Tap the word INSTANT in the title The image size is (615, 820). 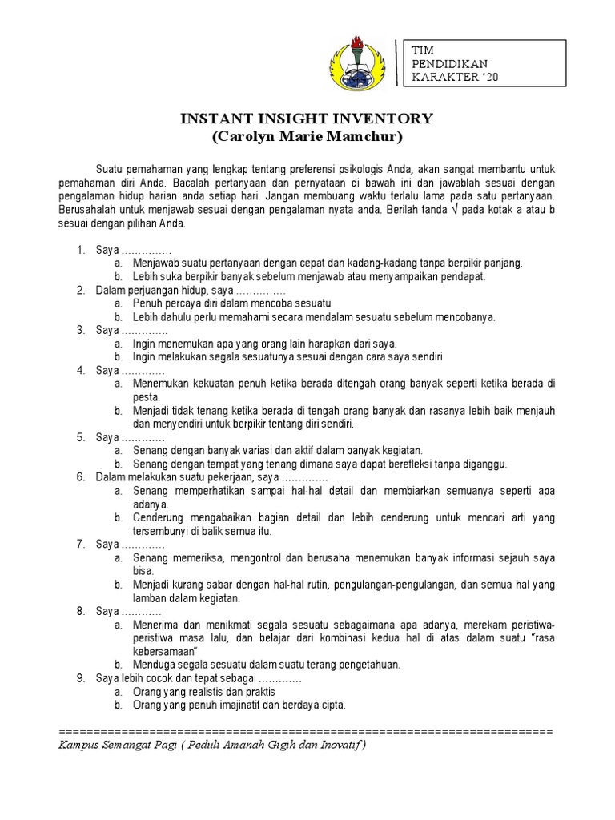point(211,119)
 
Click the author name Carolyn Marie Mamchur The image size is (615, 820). point(307,137)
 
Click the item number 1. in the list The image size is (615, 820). point(81,251)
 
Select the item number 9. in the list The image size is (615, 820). point(81,678)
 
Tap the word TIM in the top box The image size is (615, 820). point(422,50)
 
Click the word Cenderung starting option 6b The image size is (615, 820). point(159,517)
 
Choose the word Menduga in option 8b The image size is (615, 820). point(153,665)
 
